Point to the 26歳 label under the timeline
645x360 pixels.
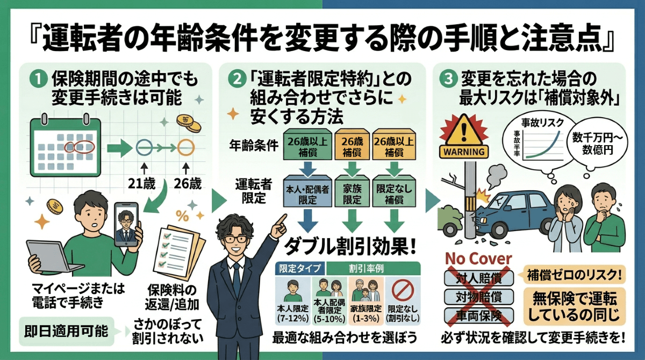click(187, 183)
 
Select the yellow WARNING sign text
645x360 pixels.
click(463, 151)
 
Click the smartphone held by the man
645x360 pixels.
click(126, 225)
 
